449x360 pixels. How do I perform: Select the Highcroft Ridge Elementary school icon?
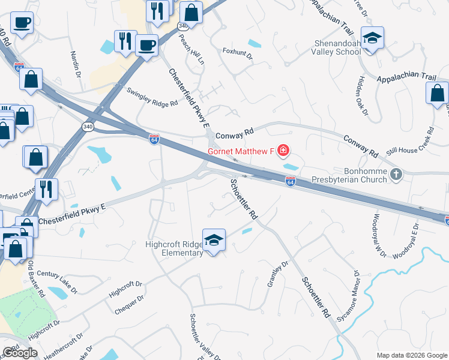(213, 240)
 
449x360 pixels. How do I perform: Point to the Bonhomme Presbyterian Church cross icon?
(396, 175)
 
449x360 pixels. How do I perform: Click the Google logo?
(20, 353)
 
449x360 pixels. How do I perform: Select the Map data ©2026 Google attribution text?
(412, 355)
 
